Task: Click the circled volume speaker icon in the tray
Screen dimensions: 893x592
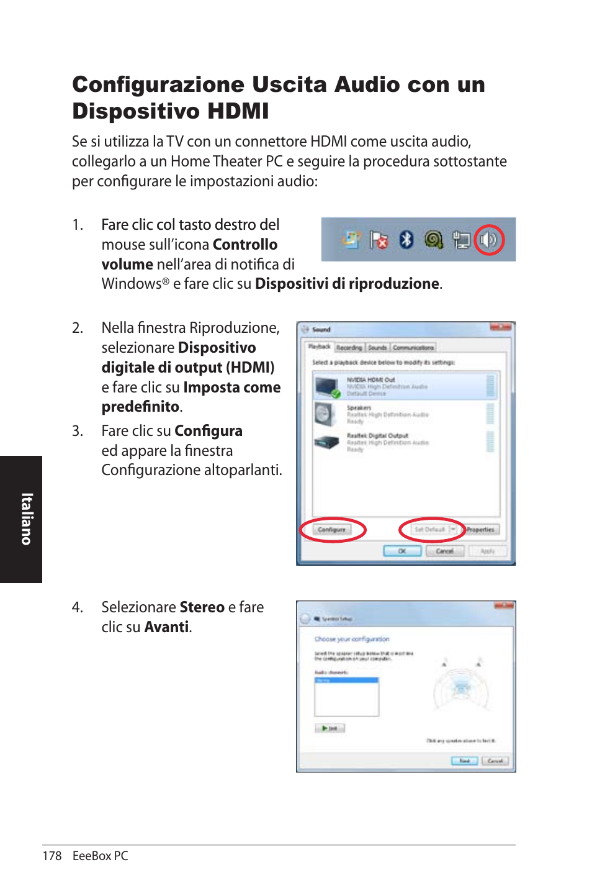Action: pos(488,240)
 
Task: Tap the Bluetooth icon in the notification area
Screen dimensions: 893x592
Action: pos(406,239)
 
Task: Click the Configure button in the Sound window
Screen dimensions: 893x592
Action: pos(332,530)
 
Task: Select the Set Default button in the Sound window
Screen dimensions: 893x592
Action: pos(430,530)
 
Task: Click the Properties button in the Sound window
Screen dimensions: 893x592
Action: pos(480,530)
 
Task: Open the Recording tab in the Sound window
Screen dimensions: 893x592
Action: pos(349,348)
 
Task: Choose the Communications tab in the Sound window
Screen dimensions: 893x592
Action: pos(413,348)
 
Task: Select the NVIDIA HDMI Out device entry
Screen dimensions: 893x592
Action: pos(397,386)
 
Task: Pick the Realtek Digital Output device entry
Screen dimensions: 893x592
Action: pos(397,442)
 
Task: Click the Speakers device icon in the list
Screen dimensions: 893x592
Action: pos(325,414)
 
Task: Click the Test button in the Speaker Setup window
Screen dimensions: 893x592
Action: pos(330,728)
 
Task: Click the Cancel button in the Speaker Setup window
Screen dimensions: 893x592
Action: pos(495,761)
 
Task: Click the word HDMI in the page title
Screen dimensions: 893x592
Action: pos(238,111)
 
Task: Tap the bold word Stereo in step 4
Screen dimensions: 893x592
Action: pos(202,607)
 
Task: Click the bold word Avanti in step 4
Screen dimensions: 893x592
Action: pos(166,627)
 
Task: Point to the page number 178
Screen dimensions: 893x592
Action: pos(52,856)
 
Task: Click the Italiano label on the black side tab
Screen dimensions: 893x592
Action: pos(26,519)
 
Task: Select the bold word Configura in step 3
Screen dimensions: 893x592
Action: pos(208,431)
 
